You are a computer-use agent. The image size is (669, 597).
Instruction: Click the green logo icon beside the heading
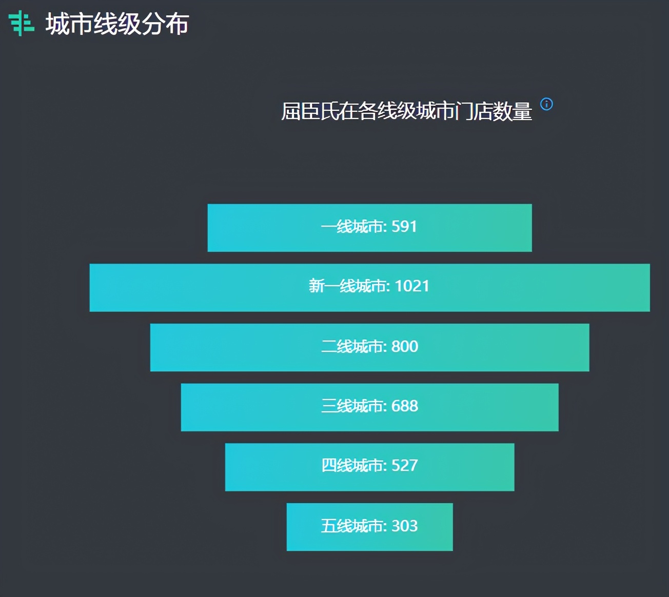click(x=21, y=23)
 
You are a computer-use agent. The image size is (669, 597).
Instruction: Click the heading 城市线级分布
click(x=117, y=24)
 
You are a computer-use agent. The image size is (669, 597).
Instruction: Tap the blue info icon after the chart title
click(x=547, y=104)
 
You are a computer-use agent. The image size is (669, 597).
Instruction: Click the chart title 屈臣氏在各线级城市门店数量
click(x=406, y=111)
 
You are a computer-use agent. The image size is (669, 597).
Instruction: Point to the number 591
click(x=404, y=226)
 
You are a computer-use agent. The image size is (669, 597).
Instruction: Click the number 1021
click(x=412, y=286)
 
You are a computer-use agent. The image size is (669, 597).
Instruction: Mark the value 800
click(x=405, y=346)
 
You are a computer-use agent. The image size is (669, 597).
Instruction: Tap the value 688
click(x=405, y=406)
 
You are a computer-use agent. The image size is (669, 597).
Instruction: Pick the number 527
click(x=405, y=465)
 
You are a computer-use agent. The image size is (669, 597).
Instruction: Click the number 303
click(x=405, y=526)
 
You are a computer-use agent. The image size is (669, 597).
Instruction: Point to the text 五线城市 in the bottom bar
click(x=352, y=526)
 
